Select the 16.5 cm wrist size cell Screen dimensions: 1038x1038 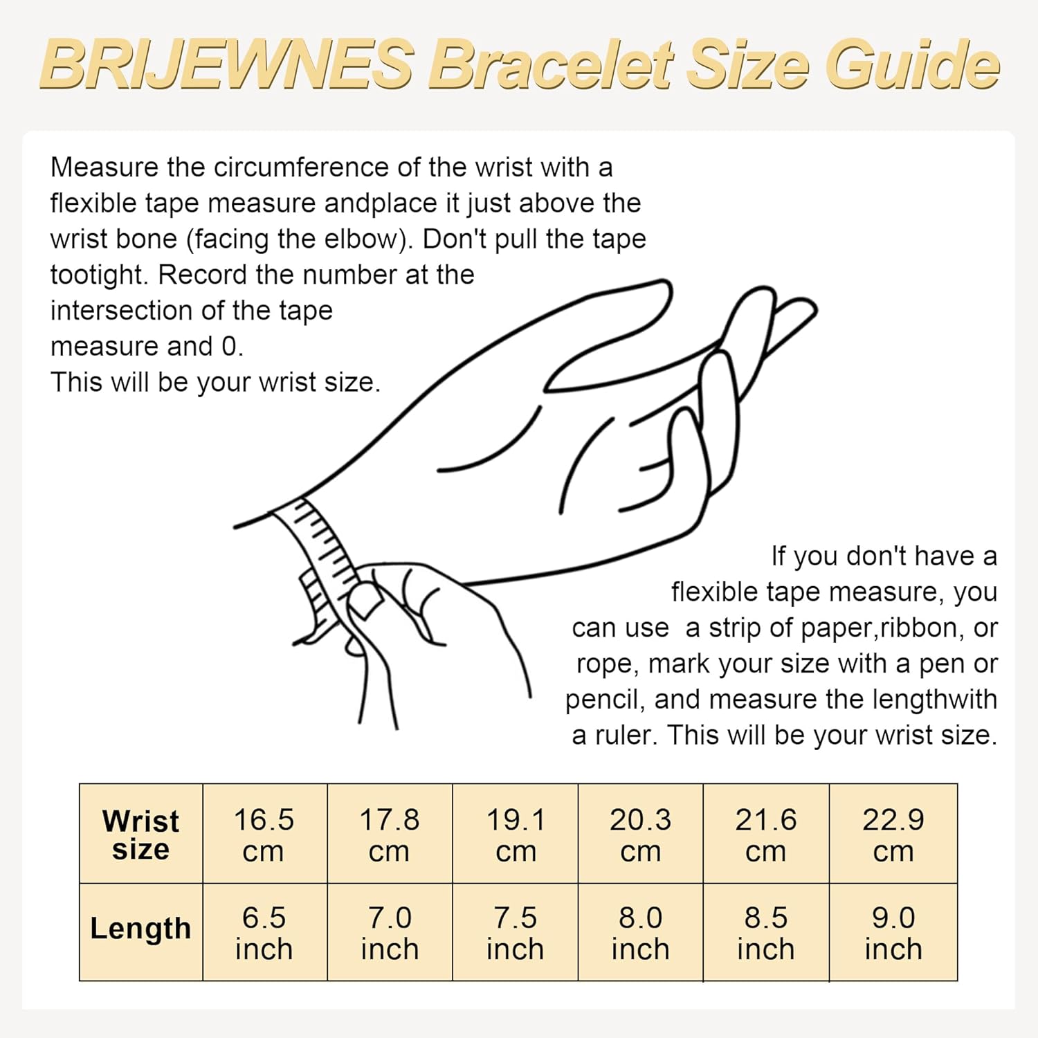(264, 834)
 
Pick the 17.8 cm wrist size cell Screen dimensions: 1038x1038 (390, 834)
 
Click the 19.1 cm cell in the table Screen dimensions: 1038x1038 (516, 834)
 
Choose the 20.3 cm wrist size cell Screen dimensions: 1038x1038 (641, 834)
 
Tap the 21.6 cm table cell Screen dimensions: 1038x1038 (766, 834)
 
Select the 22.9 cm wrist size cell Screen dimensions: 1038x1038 (893, 834)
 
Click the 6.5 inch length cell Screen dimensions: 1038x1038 (264, 932)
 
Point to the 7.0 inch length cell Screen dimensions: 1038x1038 (390, 932)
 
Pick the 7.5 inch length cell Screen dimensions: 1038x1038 (516, 932)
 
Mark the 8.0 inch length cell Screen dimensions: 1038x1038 (641, 932)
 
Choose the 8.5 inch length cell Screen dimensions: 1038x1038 (766, 932)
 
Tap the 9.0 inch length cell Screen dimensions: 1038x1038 (893, 932)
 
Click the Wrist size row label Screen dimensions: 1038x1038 (140, 834)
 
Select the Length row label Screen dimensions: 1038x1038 (140, 929)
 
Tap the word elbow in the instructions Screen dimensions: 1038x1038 (370, 239)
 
